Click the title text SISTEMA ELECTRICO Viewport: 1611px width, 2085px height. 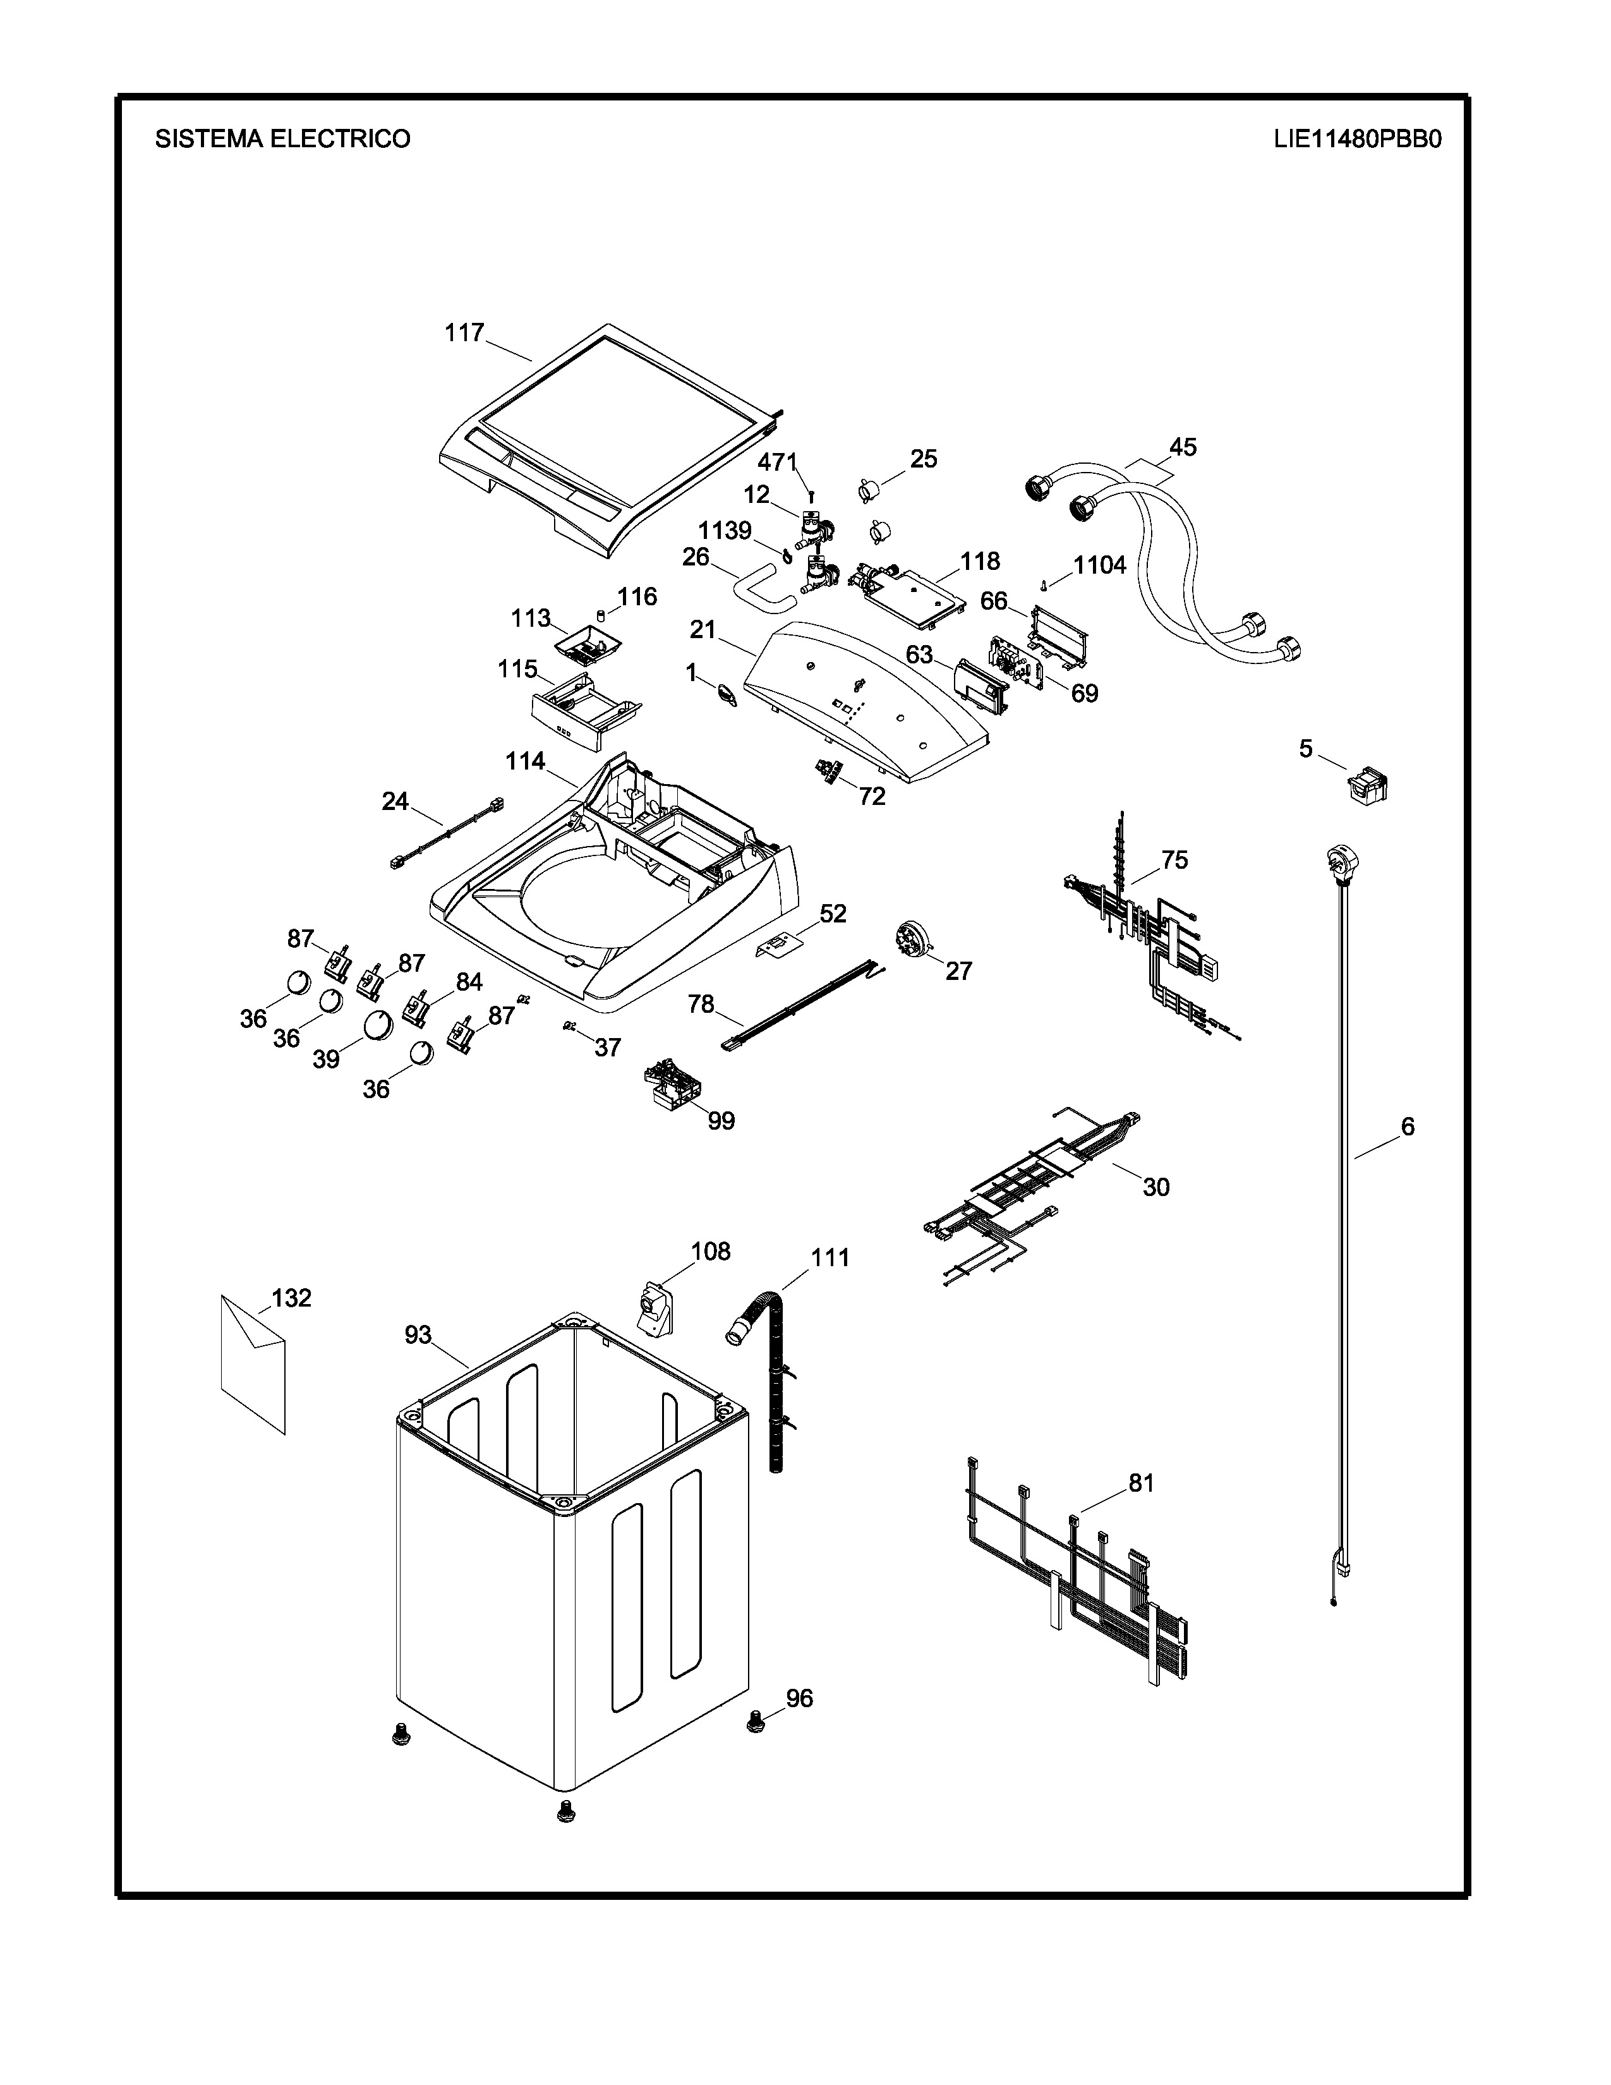coord(282,140)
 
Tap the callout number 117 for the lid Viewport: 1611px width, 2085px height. coord(465,333)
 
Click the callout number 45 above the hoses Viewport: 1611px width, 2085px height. coord(1183,447)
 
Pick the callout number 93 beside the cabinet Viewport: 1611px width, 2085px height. coord(418,1334)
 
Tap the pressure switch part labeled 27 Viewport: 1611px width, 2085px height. coord(914,936)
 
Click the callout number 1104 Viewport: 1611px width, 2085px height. coord(1099,565)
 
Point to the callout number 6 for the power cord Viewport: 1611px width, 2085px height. coord(1408,1127)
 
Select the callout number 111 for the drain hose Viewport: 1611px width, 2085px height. coord(830,1257)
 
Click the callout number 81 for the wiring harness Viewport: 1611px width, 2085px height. coord(1142,1483)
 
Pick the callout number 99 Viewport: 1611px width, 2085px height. coord(721,1121)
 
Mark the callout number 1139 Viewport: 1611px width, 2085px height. coord(725,530)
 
